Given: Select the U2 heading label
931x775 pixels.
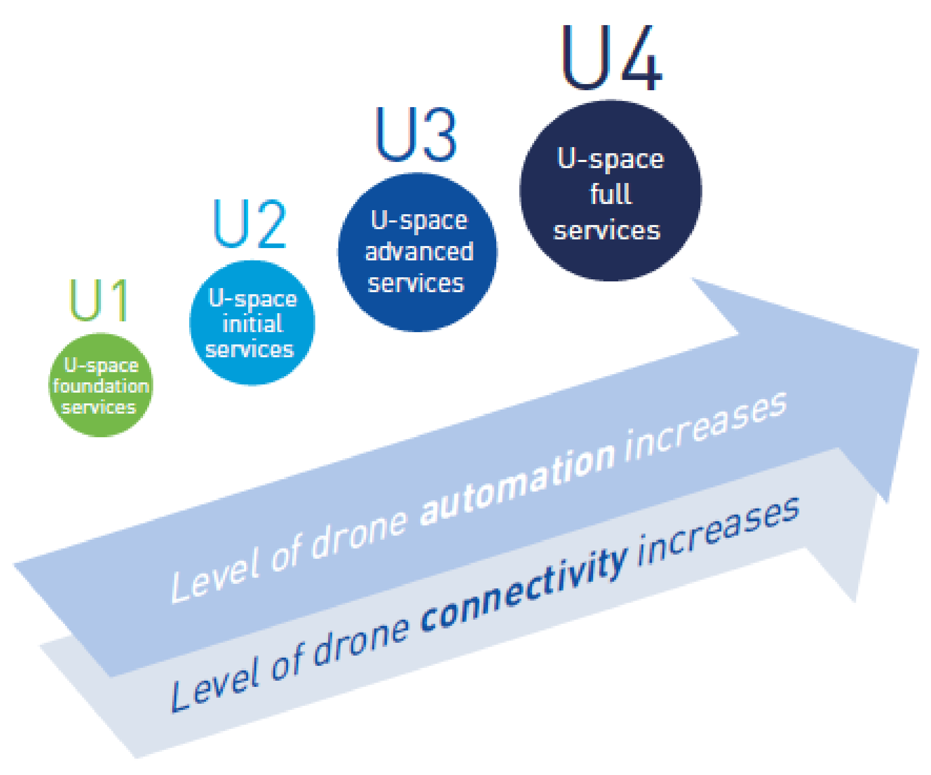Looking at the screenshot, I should click(x=250, y=225).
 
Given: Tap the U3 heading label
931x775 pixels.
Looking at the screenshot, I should click(x=416, y=135).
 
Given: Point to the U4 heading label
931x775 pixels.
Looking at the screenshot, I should click(x=612, y=58).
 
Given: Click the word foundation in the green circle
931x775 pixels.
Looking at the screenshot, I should click(x=101, y=386).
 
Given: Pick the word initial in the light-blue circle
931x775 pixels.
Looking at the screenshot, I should click(x=252, y=324).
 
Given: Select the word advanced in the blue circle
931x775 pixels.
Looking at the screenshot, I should click(x=419, y=252).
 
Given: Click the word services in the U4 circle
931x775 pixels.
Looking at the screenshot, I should click(x=607, y=231).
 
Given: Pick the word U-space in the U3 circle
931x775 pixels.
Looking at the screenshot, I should click(x=419, y=220).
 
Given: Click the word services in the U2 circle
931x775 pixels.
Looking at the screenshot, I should click(x=250, y=350).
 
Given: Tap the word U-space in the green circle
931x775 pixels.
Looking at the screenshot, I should click(x=102, y=365).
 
